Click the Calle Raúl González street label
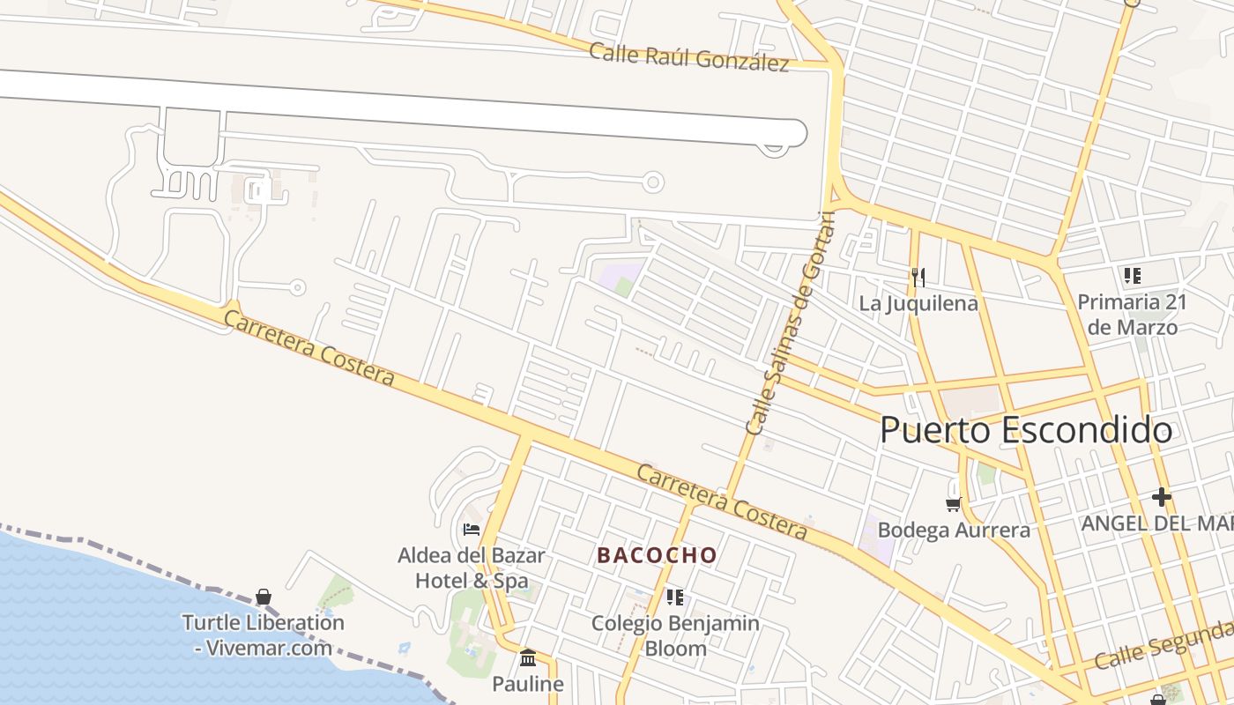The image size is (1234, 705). coord(688,56)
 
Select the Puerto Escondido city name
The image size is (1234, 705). coord(1026,431)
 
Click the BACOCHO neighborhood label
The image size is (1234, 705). coord(657,555)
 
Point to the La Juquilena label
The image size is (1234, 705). coord(918,304)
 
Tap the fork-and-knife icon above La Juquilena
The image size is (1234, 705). coord(918,278)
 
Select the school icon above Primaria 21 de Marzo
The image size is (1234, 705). coord(1133,276)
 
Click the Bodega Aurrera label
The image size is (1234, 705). coord(954,531)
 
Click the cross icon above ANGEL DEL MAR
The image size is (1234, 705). coord(1162,497)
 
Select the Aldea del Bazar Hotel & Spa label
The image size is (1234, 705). coord(472,568)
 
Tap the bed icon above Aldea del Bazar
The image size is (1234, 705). coord(472,530)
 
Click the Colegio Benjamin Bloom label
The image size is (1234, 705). coord(675,635)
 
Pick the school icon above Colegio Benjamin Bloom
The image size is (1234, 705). coord(675,597)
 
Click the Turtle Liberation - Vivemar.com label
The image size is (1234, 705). coord(263,634)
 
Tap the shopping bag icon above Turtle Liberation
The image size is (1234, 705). coord(263,597)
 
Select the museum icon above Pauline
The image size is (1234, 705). coord(528,658)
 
